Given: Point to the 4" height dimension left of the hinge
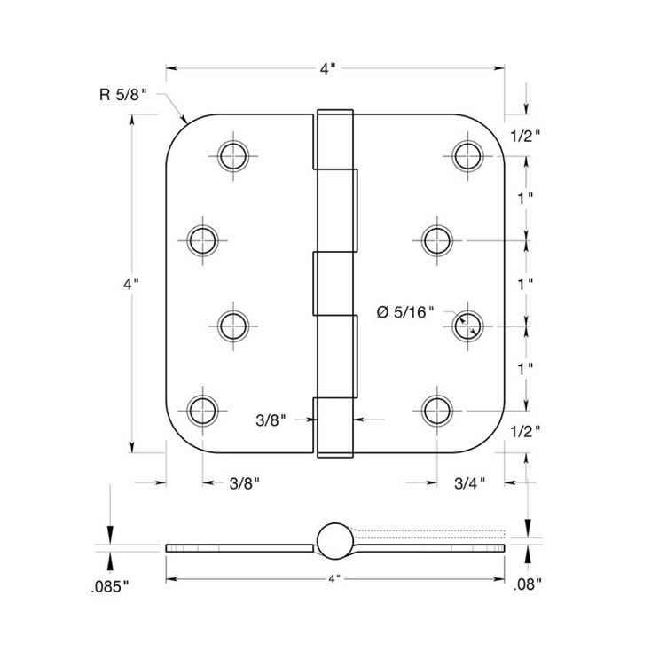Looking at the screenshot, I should (x=130, y=285).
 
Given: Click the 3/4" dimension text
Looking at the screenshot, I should (x=470, y=483).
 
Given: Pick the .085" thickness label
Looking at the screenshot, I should (x=110, y=586).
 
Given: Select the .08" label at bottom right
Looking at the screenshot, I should (x=527, y=584).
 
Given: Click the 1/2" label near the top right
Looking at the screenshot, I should (x=526, y=135).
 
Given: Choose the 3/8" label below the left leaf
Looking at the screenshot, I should (x=244, y=483).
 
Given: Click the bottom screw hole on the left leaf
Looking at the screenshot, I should (x=203, y=410).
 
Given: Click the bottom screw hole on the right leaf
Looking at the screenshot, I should (x=435, y=410).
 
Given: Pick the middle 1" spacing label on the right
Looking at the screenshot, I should (x=526, y=284).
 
